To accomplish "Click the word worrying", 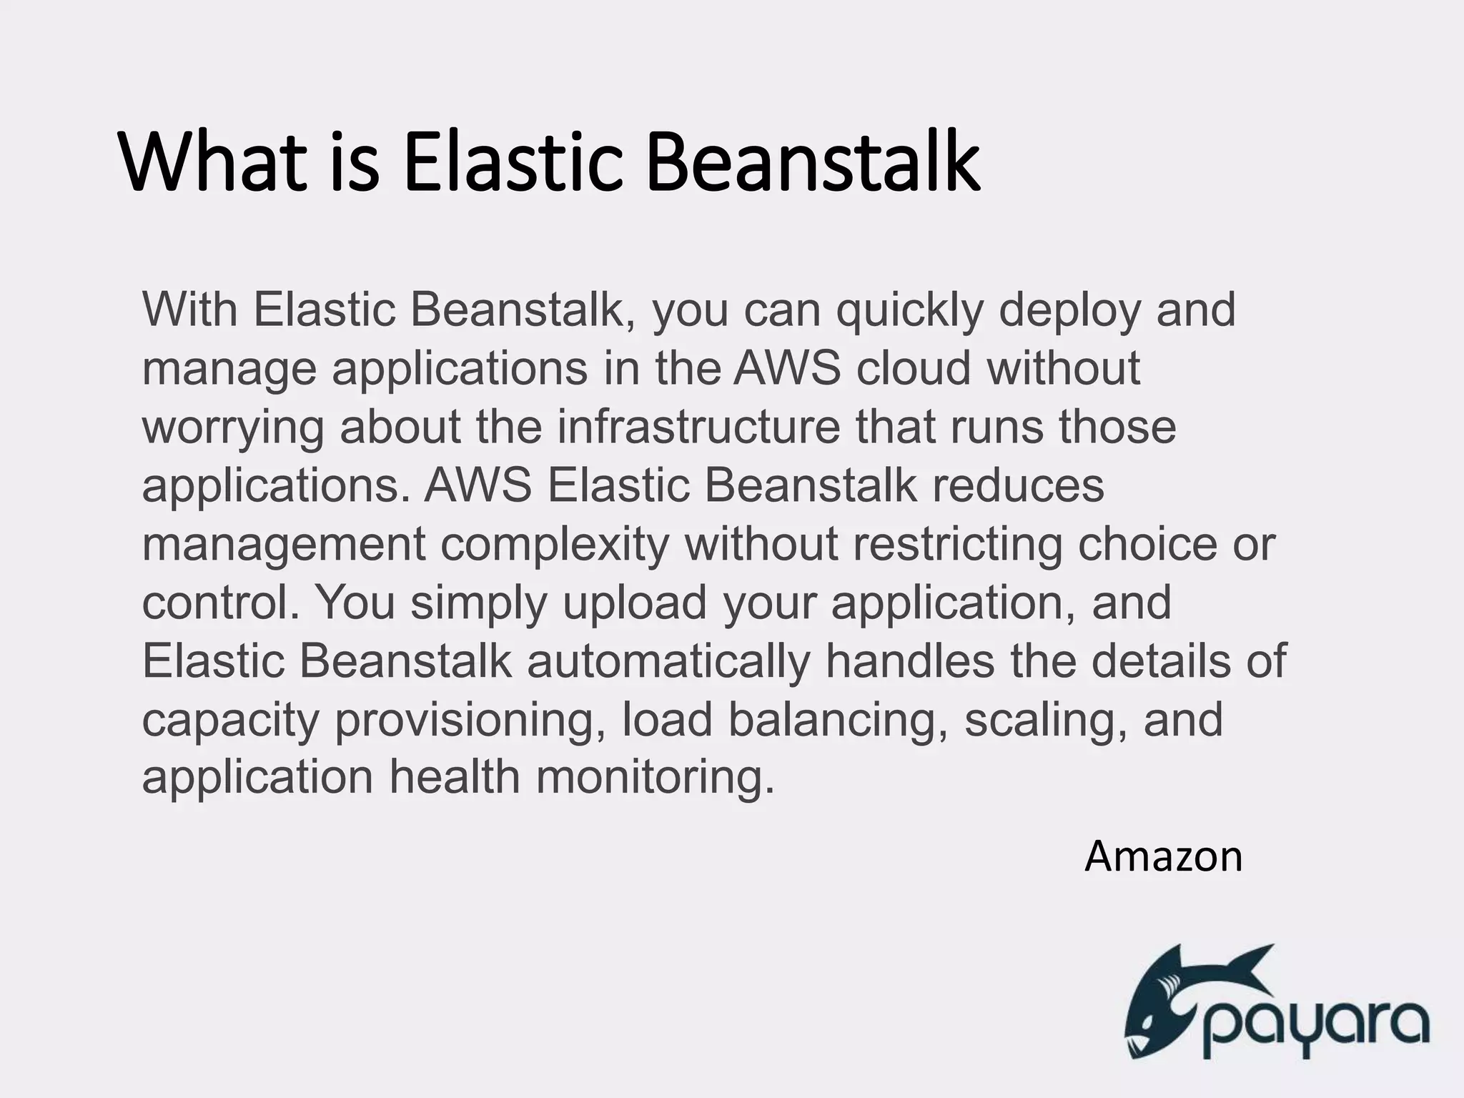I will point(232,428).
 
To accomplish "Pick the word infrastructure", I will point(698,427).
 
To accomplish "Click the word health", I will point(455,778).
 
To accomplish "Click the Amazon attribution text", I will point(1163,856).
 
